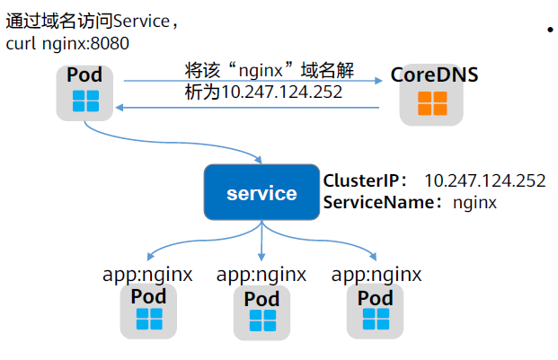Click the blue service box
pos(261,193)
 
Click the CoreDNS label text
pos(433,75)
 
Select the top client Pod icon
pos(85,101)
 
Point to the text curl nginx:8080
pos(67,43)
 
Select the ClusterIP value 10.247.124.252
pos(484,180)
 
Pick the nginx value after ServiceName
pos(474,203)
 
